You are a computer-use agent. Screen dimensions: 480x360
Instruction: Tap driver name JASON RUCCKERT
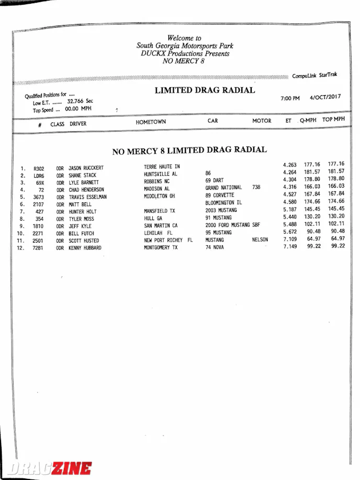tap(86, 168)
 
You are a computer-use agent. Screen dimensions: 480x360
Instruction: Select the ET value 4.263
tap(290, 165)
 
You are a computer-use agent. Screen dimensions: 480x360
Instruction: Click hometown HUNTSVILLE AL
tap(161, 174)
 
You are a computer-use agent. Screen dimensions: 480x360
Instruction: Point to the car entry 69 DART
tap(214, 180)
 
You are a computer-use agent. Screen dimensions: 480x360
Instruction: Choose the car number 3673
tap(38, 198)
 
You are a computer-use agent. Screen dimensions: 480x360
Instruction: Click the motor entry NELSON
tap(260, 240)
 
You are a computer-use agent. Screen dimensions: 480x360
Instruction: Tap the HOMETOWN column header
tap(151, 122)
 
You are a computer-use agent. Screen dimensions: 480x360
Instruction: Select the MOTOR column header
tap(262, 121)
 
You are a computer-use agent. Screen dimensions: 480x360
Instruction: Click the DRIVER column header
tap(78, 124)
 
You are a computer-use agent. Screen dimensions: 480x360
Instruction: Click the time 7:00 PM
tap(290, 98)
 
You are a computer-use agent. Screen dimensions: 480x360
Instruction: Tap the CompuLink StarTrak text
tap(314, 76)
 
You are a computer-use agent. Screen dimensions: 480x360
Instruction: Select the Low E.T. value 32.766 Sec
tap(80, 101)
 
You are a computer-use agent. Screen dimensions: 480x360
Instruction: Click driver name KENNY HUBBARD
tap(85, 248)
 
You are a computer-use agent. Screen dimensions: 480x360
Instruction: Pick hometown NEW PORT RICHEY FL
tap(168, 241)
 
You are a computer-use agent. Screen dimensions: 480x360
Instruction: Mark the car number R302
tap(39, 169)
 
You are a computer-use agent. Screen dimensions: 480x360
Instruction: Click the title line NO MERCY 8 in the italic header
tap(182, 61)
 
